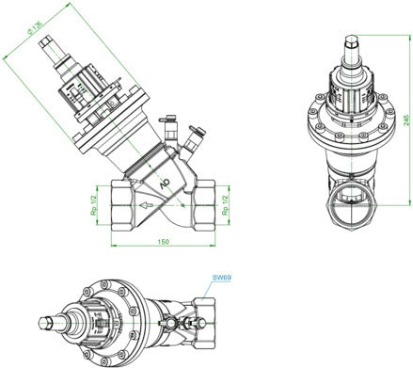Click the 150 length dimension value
pyautogui.click(x=163, y=242)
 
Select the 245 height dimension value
pyautogui.click(x=406, y=120)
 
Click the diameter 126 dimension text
pyautogui.click(x=35, y=27)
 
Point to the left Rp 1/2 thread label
pyautogui.click(x=93, y=205)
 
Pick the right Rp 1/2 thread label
pyautogui.click(x=225, y=205)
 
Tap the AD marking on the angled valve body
pyautogui.click(x=165, y=184)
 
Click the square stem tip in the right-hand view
pyautogui.click(x=352, y=41)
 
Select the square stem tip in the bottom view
pyautogui.click(x=46, y=323)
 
